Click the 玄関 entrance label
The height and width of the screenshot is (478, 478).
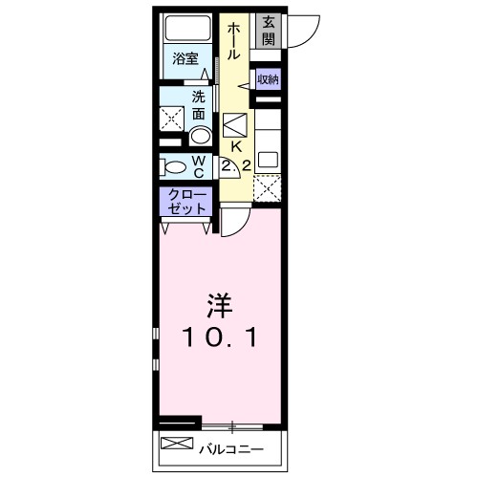point(269,30)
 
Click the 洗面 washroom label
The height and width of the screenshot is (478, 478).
point(198,104)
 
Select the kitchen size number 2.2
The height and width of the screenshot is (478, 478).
point(236,165)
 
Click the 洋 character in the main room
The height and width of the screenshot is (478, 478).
point(217,308)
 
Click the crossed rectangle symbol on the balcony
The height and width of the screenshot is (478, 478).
point(176,445)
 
